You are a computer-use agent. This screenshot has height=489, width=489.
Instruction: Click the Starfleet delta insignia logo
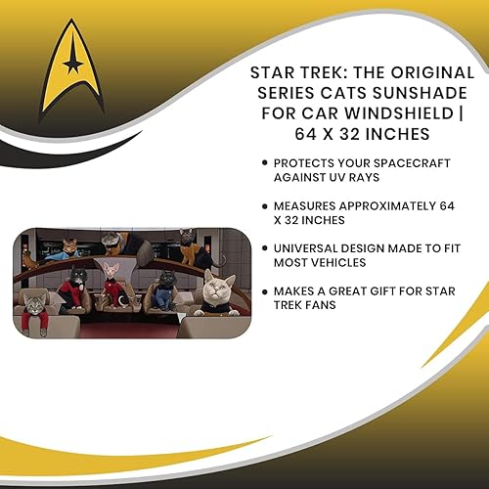click(x=72, y=65)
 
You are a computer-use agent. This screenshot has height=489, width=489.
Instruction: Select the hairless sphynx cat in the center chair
click(x=114, y=277)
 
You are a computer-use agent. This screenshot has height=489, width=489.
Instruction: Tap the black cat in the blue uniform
click(x=167, y=284)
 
